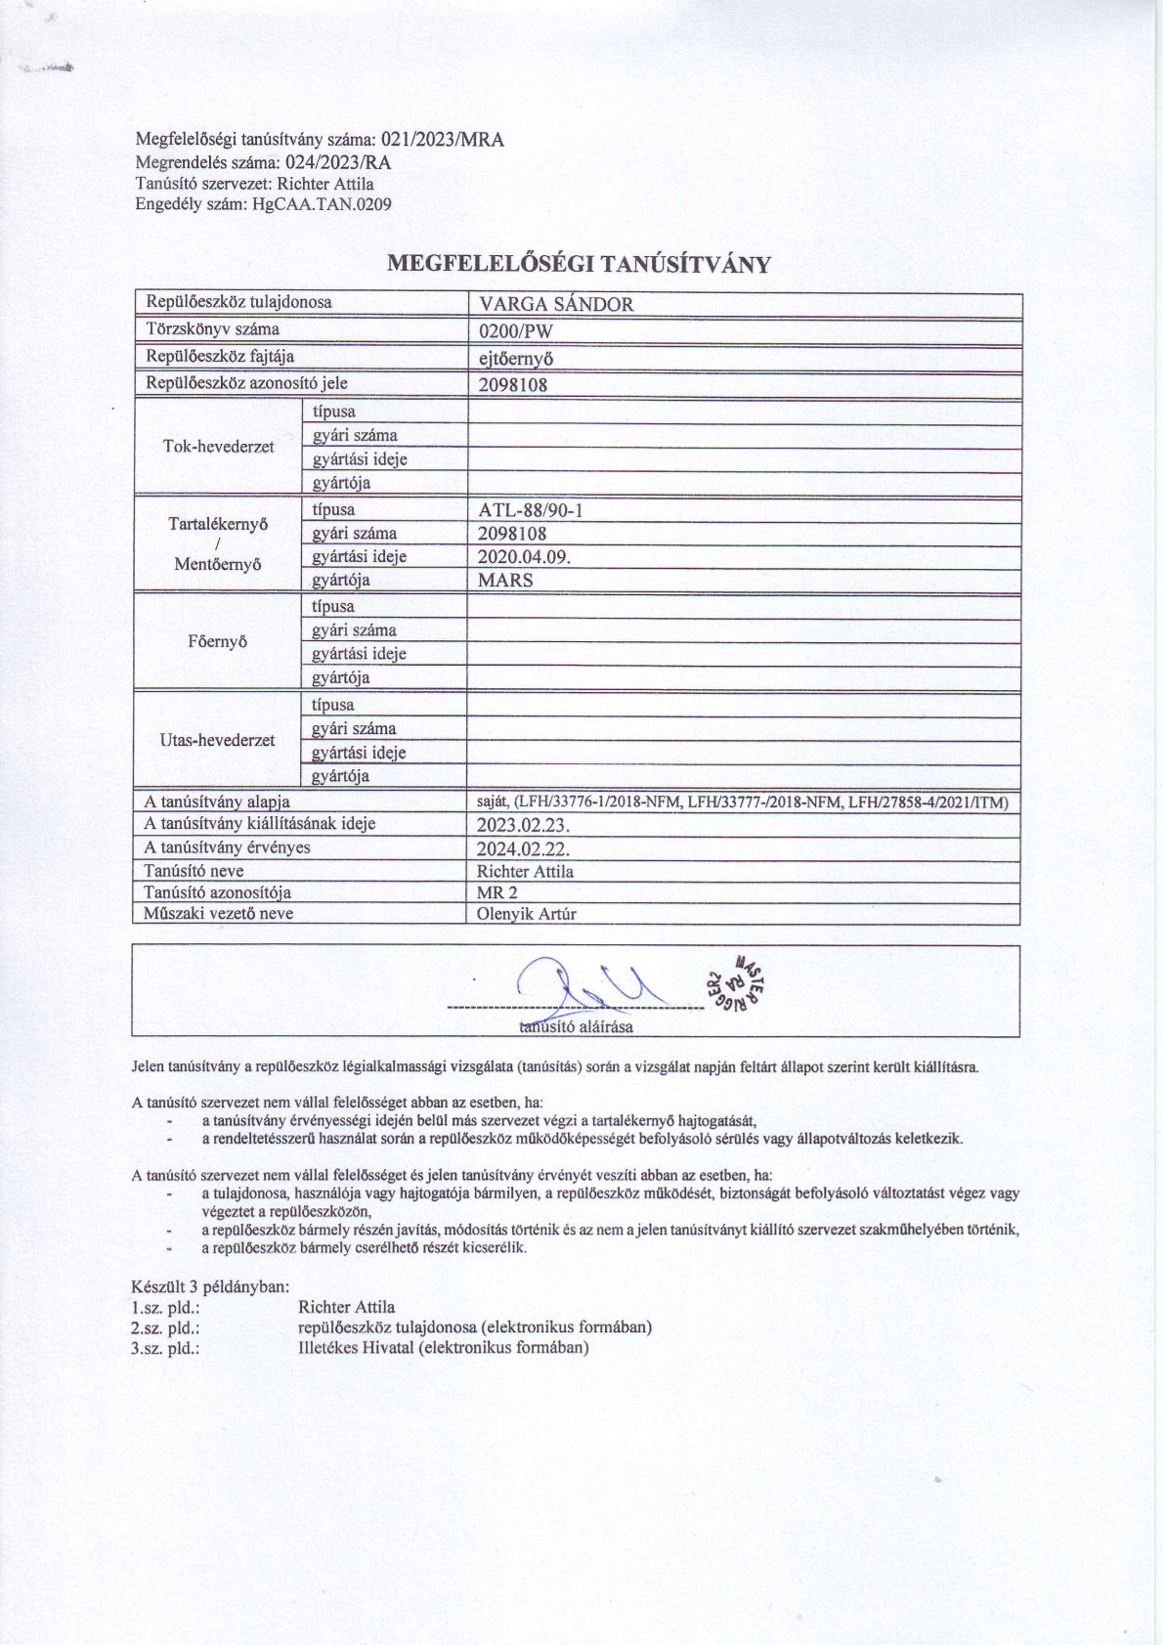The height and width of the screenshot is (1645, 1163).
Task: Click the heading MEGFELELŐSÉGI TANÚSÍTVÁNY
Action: [x=580, y=264]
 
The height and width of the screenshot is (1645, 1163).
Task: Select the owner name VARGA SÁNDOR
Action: [x=555, y=304]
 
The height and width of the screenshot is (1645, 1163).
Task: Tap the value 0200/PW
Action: [x=516, y=330]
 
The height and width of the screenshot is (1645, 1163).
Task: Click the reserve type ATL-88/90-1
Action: [x=532, y=510]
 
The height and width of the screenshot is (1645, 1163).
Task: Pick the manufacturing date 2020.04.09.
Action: [x=524, y=557]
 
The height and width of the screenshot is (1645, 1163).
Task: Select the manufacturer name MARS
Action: [x=506, y=581]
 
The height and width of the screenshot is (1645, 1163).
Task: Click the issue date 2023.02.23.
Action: [x=523, y=825]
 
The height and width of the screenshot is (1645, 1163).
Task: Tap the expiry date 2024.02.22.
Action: [x=523, y=848]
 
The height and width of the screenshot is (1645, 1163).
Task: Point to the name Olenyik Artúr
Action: [x=526, y=915]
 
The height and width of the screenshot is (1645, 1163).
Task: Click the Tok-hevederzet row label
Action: [x=218, y=447]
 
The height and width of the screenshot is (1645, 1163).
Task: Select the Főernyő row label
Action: [x=217, y=642]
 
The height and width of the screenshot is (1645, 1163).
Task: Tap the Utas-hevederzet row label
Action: [x=217, y=740]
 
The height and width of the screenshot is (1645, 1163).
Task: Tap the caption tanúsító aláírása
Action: [x=576, y=1027]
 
